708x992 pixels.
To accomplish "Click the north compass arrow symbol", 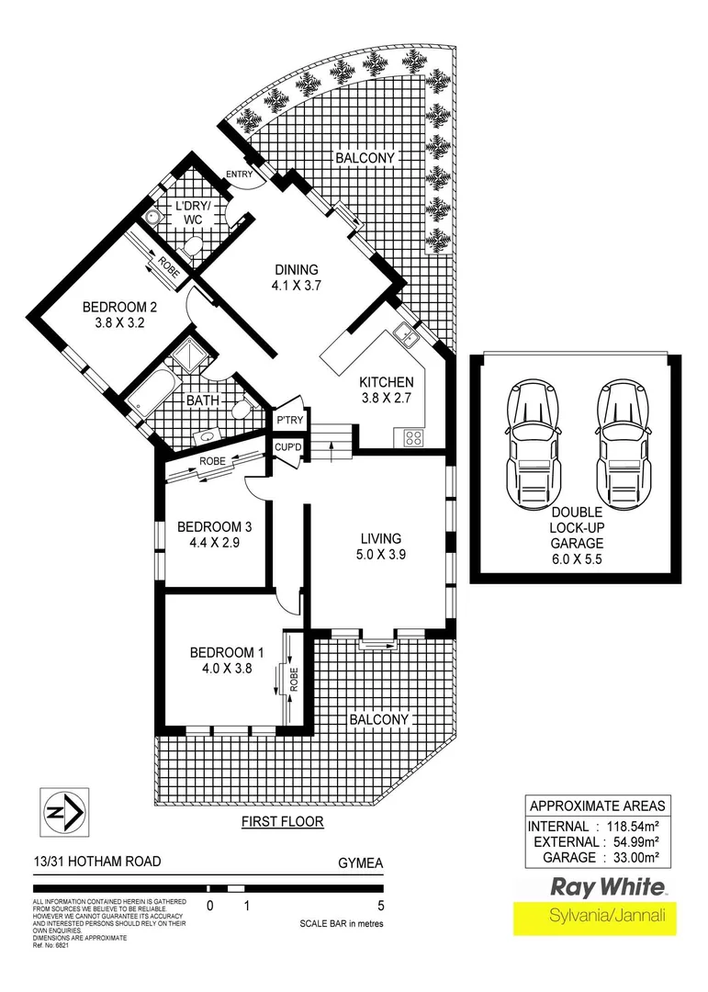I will (65, 812).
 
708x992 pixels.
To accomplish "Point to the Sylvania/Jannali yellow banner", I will (594, 916).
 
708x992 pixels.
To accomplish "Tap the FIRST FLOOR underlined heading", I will (282, 821).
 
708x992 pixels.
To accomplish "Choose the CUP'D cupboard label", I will (287, 447).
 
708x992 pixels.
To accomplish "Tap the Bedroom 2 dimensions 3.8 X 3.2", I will (115, 322).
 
